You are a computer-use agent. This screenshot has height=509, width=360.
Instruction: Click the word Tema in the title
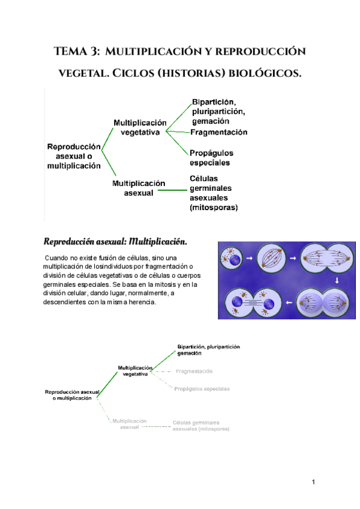[71, 52]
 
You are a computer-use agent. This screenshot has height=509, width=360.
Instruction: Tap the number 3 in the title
[96, 52]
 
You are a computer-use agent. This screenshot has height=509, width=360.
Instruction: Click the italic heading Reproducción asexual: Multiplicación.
[115, 242]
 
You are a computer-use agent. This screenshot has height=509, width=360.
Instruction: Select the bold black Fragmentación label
[218, 132]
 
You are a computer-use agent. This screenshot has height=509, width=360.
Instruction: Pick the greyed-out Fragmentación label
[194, 372]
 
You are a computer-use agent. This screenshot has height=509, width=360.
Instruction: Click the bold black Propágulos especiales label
[211, 158]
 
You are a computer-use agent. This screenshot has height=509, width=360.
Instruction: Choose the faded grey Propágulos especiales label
[202, 389]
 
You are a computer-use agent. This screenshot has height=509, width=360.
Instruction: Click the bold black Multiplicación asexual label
[139, 188]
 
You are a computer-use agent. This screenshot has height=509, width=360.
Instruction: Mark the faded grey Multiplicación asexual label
[130, 424]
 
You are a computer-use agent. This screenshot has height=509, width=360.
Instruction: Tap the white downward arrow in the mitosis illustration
[337, 280]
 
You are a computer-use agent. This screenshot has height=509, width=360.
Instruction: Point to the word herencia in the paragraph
[139, 302]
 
